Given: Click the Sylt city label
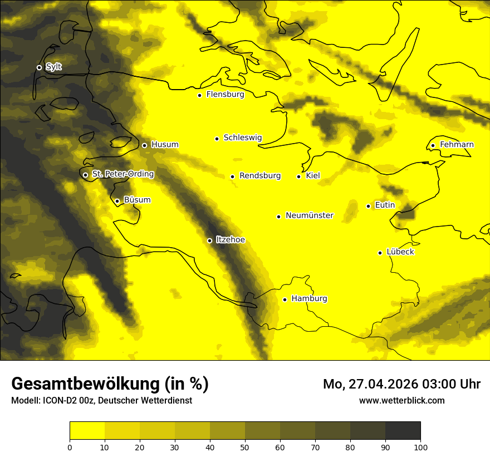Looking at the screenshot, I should [x=53, y=67].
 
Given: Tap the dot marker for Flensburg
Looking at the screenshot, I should [x=199, y=95].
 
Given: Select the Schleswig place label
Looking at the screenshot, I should [x=242, y=137].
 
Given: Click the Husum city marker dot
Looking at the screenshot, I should [x=144, y=145].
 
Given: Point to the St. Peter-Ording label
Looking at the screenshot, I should [x=122, y=174].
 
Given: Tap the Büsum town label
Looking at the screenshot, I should [x=137, y=200].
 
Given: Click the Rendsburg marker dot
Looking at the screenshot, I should [x=232, y=176].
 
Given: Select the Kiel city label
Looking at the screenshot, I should [x=313, y=175].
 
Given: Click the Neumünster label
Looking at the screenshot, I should [x=310, y=215].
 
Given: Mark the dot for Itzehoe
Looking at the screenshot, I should [x=209, y=240].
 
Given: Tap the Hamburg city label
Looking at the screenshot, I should [x=309, y=298].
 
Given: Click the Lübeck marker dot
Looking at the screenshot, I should [x=380, y=253].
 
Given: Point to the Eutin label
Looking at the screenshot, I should [x=385, y=205].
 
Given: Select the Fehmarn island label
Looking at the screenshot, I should [x=457, y=145].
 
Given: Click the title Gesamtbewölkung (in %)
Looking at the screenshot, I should [x=110, y=384].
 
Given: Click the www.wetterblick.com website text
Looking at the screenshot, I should [x=401, y=400].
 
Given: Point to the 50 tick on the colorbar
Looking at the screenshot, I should [x=245, y=447].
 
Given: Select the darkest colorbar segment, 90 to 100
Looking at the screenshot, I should [x=403, y=431].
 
